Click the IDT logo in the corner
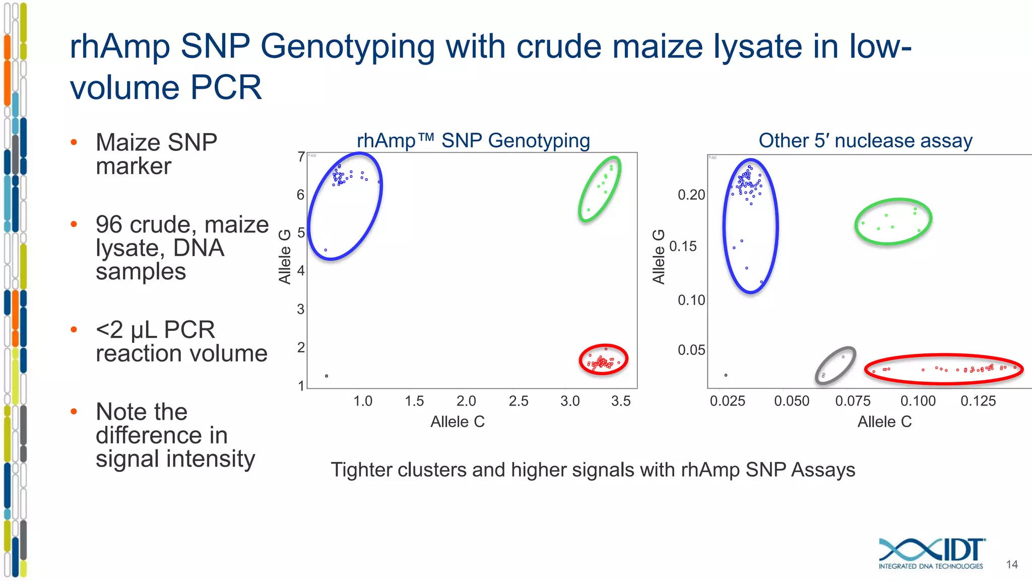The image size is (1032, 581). coord(931,553)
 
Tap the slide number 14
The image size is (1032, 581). coord(1012,564)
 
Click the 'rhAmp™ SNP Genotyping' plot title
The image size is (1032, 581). coord(473,140)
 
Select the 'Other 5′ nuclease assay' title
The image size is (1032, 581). coord(865,140)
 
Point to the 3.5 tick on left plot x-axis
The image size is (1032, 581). coord(621,401)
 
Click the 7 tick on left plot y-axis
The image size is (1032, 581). coord(301,157)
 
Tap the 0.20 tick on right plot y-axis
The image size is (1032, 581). coord(691,195)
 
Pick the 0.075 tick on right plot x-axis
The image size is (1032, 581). coord(853,401)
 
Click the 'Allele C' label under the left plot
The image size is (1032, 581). coord(457,422)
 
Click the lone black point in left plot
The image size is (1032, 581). coord(327,376)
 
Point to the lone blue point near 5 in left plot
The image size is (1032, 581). coord(326,250)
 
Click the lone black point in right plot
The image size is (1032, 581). coord(726,375)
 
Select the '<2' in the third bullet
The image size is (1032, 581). coord(109,330)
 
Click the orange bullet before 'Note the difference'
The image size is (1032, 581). coord(74,412)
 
